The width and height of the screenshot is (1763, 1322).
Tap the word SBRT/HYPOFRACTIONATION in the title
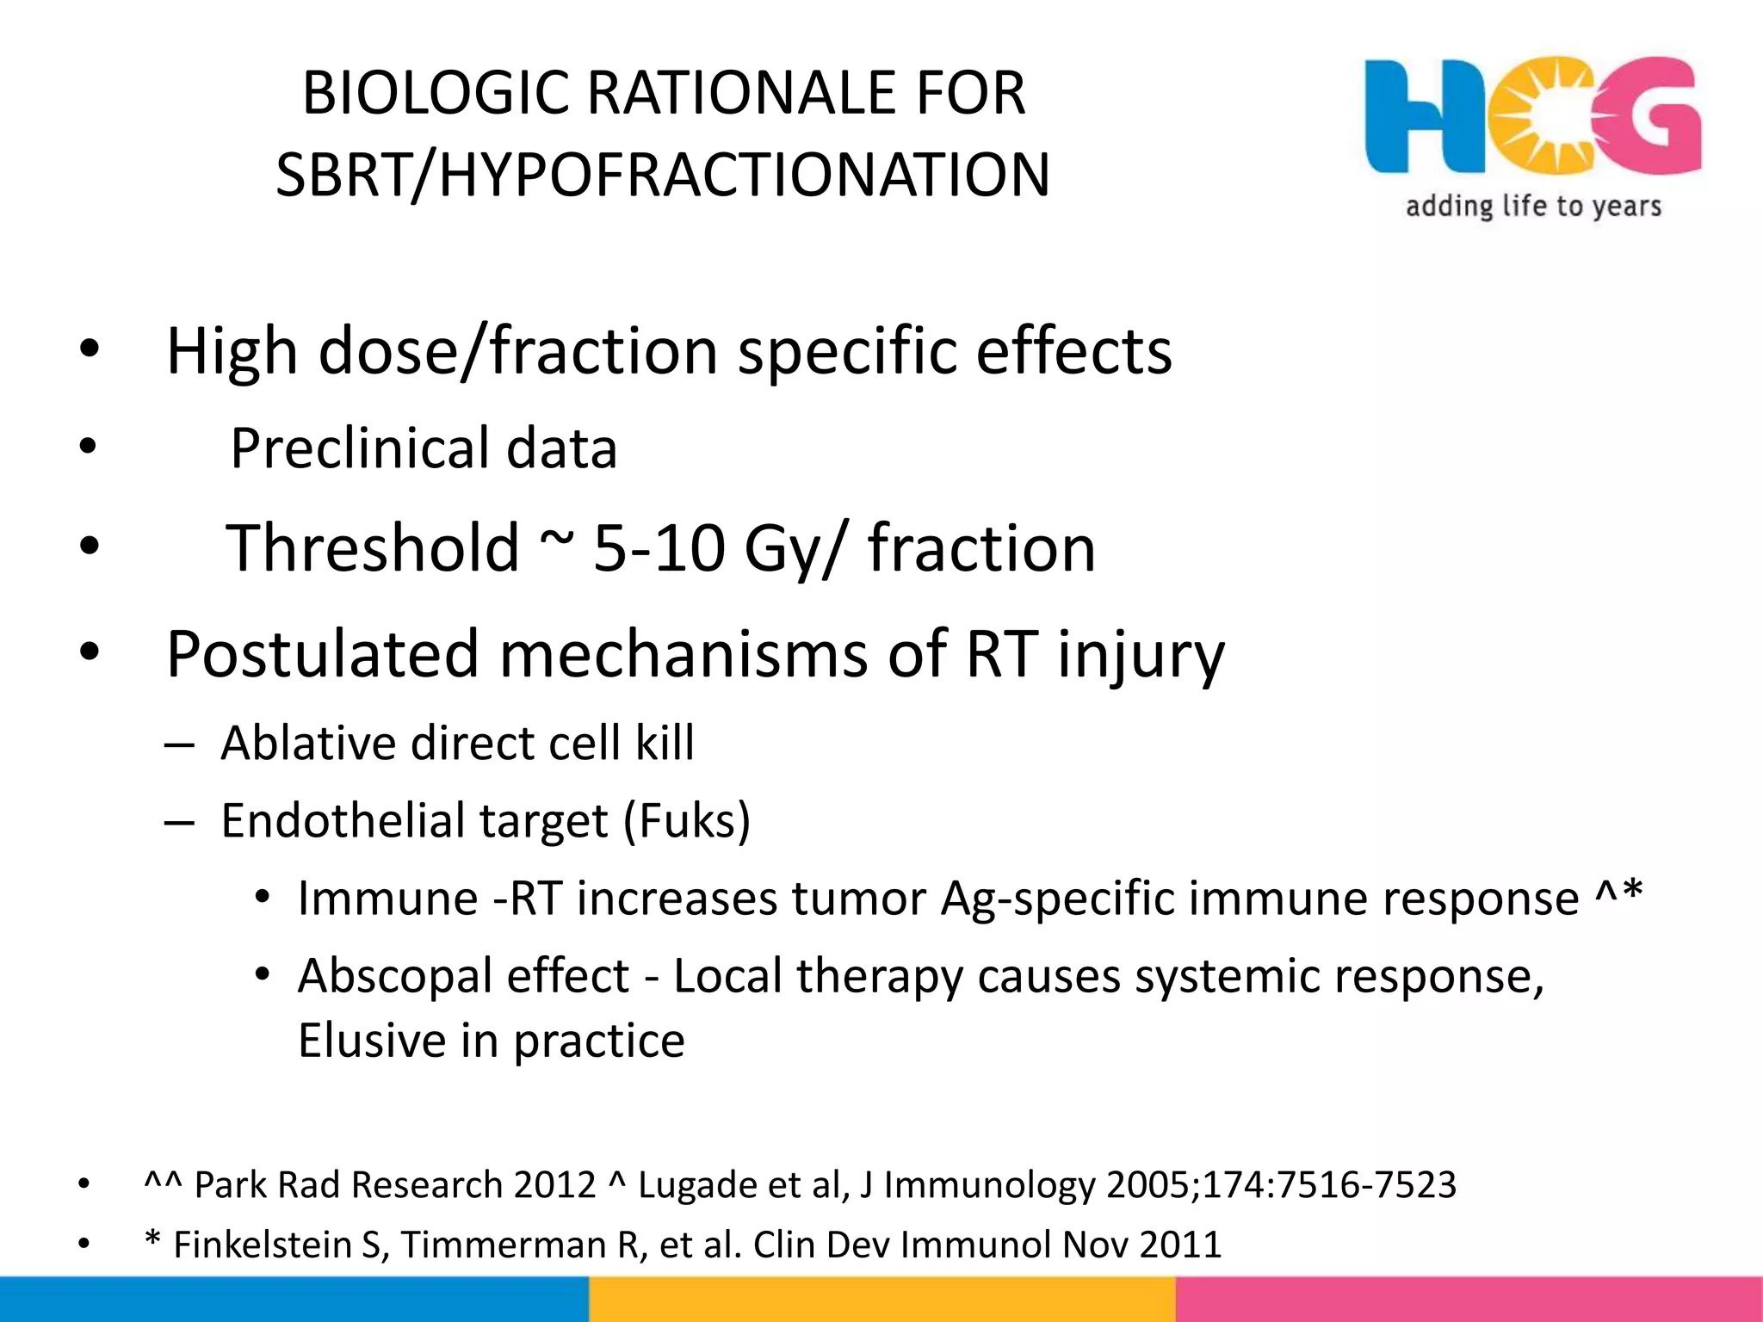(x=662, y=175)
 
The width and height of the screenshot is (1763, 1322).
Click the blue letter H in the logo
(x=1420, y=116)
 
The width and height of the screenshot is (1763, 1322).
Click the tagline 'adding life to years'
(x=1533, y=207)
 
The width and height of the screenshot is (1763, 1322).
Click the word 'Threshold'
(x=372, y=548)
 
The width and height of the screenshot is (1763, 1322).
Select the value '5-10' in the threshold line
(x=659, y=548)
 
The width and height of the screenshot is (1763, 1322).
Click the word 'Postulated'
(x=321, y=654)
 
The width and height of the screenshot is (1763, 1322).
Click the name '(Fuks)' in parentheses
(x=687, y=820)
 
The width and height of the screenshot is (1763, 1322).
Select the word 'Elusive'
(x=371, y=1041)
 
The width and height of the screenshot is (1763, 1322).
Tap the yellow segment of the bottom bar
(x=881, y=1300)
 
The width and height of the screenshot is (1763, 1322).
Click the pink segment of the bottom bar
(x=1469, y=1300)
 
